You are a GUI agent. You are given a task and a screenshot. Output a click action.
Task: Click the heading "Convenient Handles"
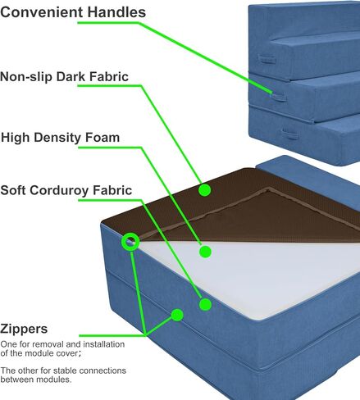click(73, 12)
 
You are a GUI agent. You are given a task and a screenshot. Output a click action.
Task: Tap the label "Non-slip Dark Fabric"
click(64, 76)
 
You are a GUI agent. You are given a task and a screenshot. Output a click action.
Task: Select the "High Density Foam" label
click(60, 138)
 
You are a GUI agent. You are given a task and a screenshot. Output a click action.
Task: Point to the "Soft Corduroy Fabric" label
click(66, 190)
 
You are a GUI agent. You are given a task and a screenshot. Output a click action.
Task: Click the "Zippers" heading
click(24, 329)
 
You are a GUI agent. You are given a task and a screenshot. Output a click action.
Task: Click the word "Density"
click(57, 138)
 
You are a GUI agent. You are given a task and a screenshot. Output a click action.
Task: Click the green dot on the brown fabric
click(204, 190)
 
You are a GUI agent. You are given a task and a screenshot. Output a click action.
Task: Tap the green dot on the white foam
click(205, 252)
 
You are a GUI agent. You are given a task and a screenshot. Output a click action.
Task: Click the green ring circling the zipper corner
click(130, 242)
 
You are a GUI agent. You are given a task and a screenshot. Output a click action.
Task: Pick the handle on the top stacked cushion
click(267, 59)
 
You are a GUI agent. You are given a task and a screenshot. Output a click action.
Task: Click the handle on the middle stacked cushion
click(278, 96)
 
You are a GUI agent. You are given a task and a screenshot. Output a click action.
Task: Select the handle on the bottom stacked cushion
click(289, 134)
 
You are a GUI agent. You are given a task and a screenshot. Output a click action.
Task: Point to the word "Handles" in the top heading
click(116, 12)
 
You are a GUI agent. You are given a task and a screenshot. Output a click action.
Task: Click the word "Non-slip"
click(26, 76)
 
